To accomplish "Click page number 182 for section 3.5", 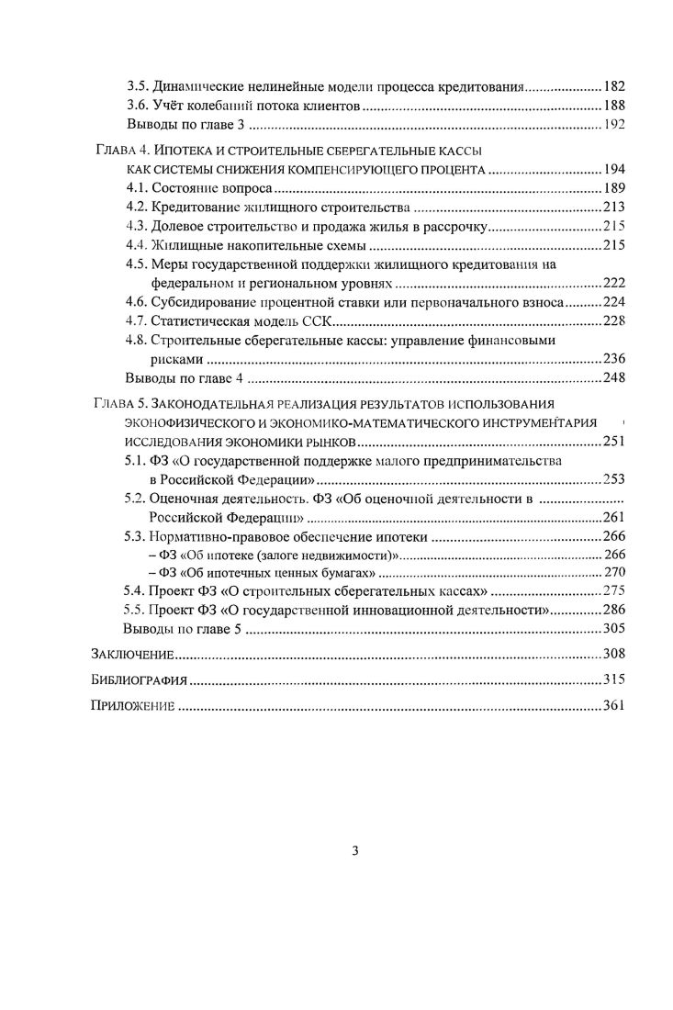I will [614, 86].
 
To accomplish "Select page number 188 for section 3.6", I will [614, 106].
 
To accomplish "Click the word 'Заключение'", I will [133, 655].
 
